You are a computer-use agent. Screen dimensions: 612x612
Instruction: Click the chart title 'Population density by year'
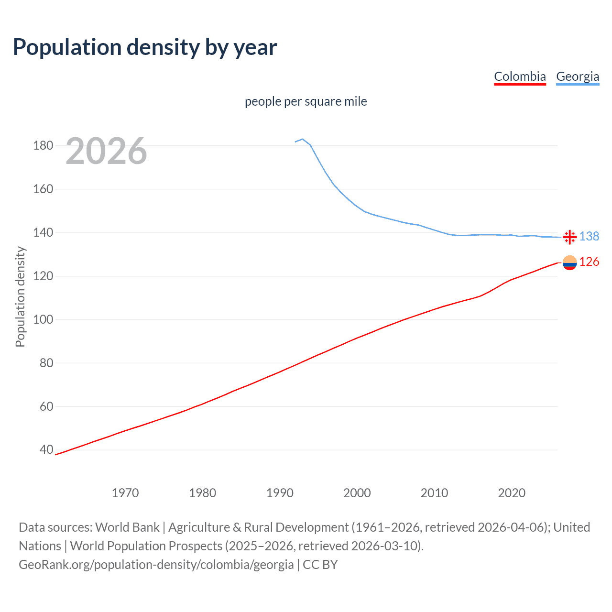pos(145,47)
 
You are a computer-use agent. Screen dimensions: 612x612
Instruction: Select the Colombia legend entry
pos(520,76)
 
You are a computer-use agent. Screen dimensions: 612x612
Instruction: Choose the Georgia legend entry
pos(578,76)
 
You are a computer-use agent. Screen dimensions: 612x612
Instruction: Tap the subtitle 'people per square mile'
pos(306,101)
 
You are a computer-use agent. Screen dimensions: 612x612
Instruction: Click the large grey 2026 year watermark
pos(106,151)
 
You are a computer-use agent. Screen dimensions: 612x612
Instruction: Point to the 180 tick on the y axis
pos(43,145)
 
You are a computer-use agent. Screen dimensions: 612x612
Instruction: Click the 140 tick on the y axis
pos(43,232)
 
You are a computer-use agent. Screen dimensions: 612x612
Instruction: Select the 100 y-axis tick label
pos(43,319)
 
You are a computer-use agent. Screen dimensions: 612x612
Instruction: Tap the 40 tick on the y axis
pos(46,449)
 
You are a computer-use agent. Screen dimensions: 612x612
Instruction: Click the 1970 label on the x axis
pos(125,493)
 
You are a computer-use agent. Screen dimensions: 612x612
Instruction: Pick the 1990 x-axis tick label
pos(280,493)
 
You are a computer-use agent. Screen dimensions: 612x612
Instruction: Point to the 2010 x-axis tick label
pos(434,493)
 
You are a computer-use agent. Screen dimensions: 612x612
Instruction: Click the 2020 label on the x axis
pos(512,493)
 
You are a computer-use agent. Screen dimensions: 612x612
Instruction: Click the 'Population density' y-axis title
pos(20,296)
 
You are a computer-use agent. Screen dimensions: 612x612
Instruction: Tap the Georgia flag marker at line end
pos(569,237)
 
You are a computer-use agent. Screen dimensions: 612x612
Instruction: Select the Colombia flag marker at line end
pos(569,262)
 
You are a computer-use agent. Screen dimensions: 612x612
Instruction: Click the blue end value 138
pos(589,236)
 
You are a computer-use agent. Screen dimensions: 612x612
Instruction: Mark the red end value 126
pos(589,262)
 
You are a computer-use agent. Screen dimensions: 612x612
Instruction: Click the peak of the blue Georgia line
pos(302,139)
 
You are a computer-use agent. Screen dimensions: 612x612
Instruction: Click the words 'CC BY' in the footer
pos(320,565)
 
